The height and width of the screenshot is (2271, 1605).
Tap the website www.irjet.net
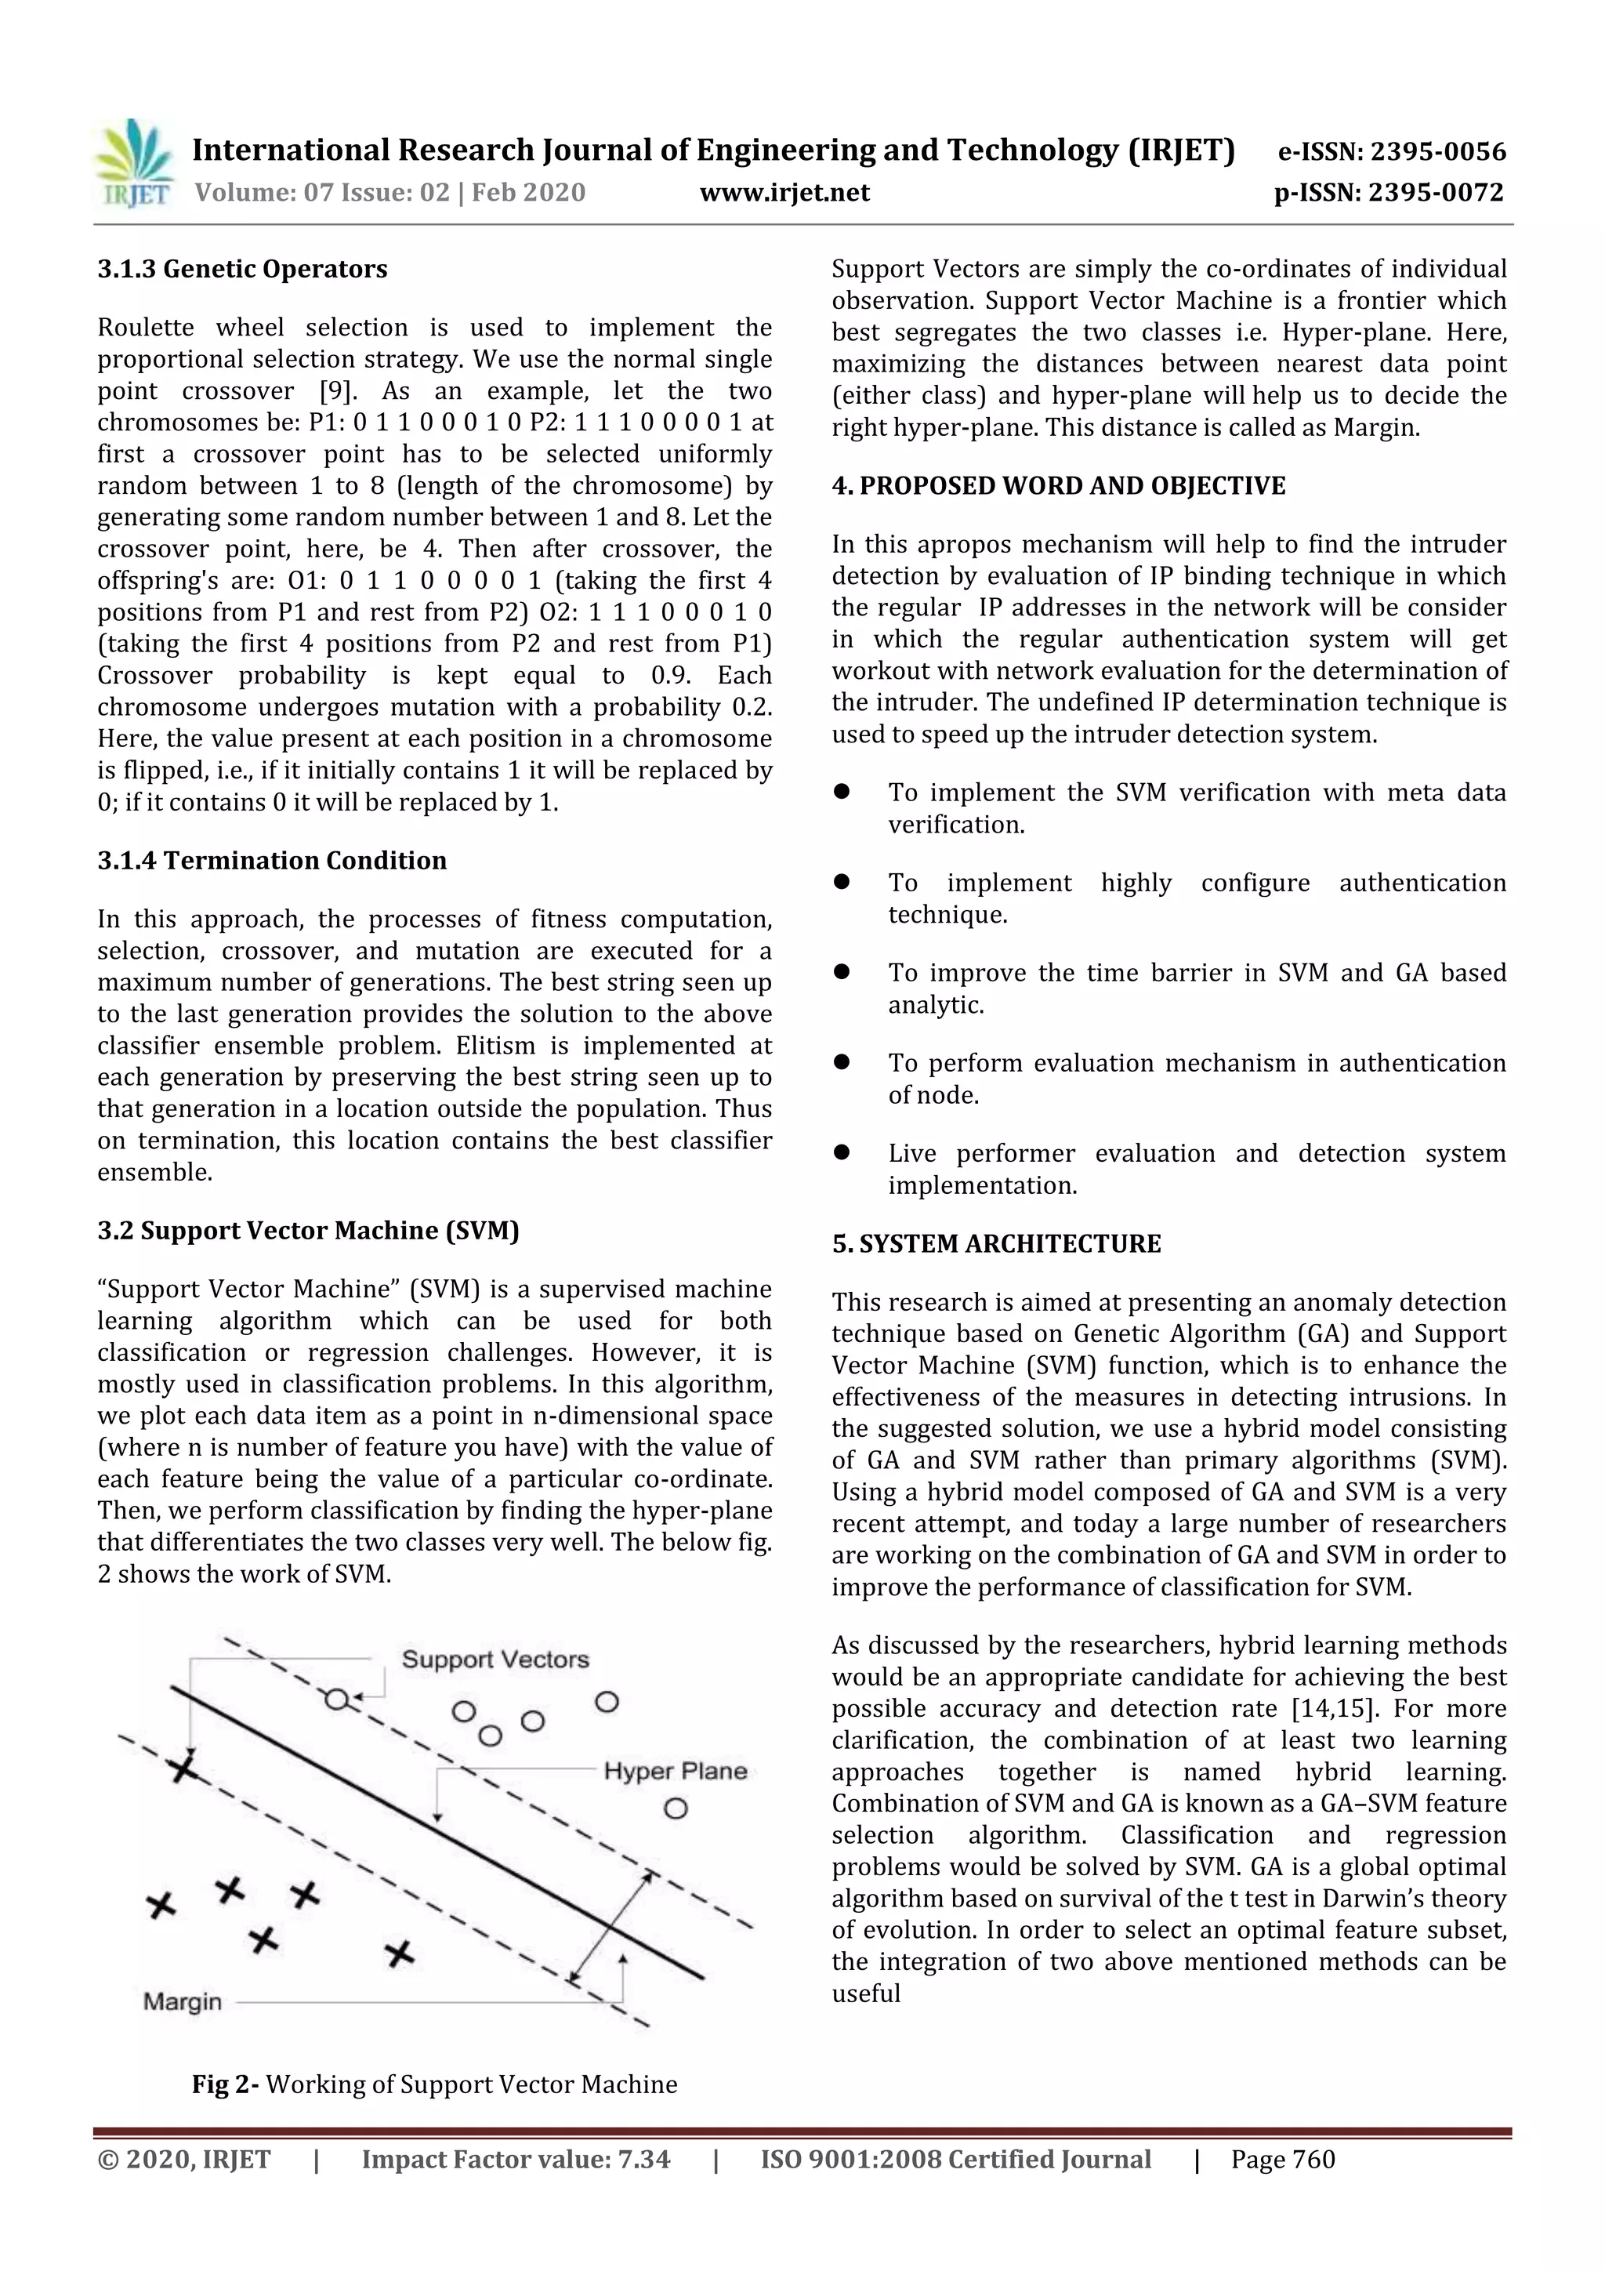pos(784,192)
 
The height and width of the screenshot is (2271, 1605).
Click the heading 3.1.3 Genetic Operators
pos(242,269)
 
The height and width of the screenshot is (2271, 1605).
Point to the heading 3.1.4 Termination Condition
pos(272,861)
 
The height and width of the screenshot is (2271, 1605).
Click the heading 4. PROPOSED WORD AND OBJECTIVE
pos(1058,486)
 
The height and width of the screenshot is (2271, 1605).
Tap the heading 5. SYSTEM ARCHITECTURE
pos(996,1243)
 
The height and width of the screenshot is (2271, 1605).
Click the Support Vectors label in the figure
pos(495,1659)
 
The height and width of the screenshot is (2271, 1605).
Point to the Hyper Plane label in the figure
pos(675,1771)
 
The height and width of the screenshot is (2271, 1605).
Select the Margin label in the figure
pos(182,2001)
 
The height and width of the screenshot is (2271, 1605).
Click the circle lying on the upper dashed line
pos(336,1700)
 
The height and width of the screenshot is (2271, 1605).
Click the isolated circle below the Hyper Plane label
pos(676,1808)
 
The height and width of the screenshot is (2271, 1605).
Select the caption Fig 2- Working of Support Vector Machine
pos(434,2084)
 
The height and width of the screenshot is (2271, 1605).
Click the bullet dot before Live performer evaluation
pos(842,1152)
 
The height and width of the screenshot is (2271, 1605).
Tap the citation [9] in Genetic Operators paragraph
pos(336,390)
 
